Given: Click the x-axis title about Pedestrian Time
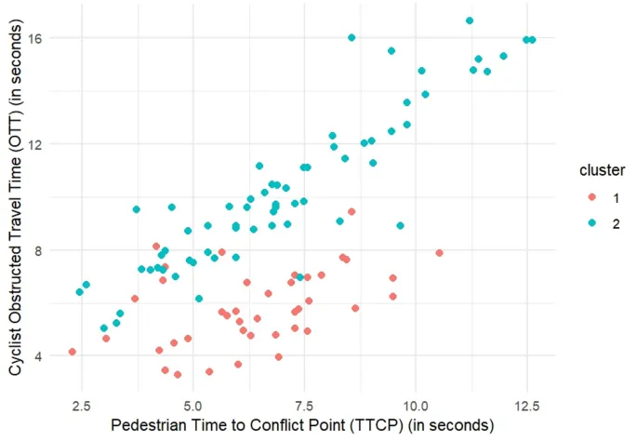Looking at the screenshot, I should tap(301, 425).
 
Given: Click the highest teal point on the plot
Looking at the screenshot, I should tap(470, 20).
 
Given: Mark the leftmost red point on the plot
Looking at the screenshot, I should tap(72, 352).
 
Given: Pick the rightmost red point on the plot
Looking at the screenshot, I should tap(439, 253).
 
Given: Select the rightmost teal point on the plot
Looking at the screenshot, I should tap(532, 40).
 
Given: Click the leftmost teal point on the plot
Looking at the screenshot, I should tap(80, 292).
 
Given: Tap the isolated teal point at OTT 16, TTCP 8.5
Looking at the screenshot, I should tap(352, 37).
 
